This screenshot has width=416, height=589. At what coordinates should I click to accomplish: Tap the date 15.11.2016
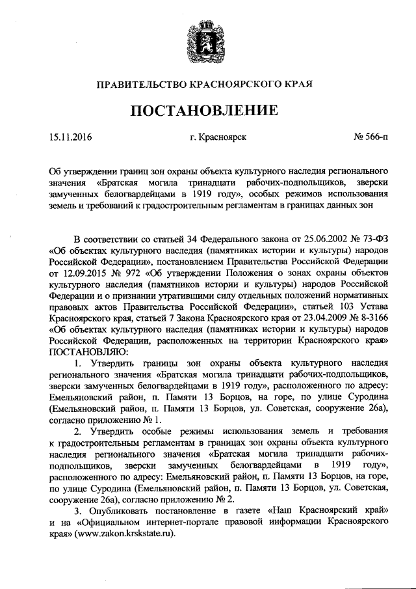[71, 137]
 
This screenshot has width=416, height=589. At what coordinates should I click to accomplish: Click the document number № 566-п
[370, 137]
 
